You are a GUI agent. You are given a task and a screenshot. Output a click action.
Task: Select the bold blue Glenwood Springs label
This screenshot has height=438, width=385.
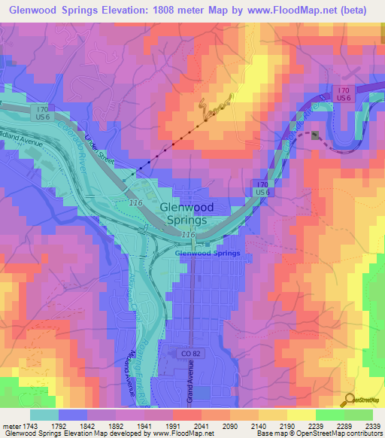pyautogui.click(x=207, y=253)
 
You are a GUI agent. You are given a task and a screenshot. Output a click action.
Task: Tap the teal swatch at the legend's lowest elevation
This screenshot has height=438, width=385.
pyautogui.click(x=44, y=414)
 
